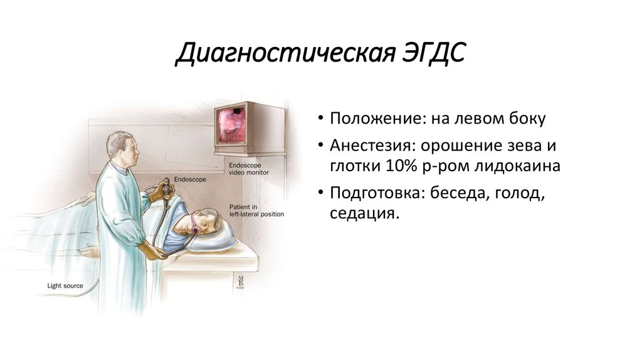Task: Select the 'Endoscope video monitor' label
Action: pos(248,167)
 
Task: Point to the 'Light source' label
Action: pos(65,286)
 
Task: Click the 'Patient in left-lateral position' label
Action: pos(256,210)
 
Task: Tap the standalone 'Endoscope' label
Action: pos(191,179)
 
